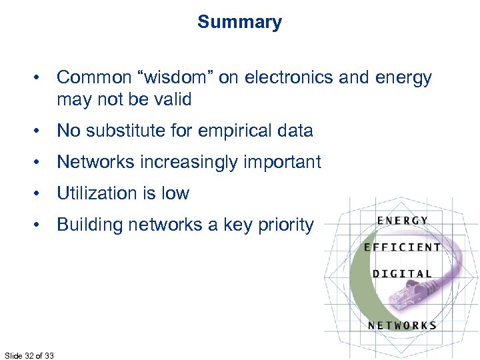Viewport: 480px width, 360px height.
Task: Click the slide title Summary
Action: (x=239, y=22)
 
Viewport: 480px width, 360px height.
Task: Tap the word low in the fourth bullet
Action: (x=176, y=193)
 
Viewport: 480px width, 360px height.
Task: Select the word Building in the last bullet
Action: (x=89, y=225)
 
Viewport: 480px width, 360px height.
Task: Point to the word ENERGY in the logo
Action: (x=402, y=221)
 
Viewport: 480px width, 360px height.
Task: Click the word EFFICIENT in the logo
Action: (x=402, y=247)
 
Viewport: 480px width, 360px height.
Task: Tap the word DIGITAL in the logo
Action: (x=402, y=273)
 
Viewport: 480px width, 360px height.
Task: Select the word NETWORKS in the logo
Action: (x=402, y=325)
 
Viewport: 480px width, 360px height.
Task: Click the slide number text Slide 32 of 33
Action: (x=29, y=355)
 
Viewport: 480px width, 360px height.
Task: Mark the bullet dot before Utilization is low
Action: (x=41, y=194)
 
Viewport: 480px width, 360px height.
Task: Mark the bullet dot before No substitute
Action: (x=41, y=131)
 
